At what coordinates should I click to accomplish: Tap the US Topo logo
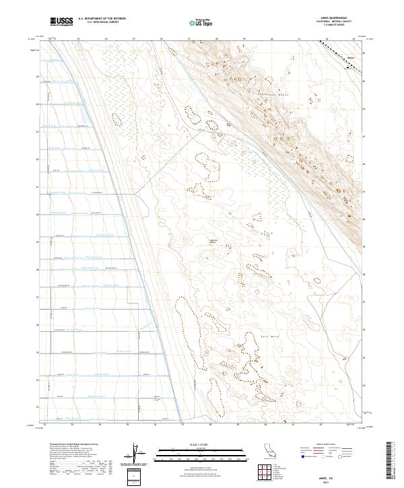click(202, 22)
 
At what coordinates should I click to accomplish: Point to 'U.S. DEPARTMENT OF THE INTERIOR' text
click(102, 20)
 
